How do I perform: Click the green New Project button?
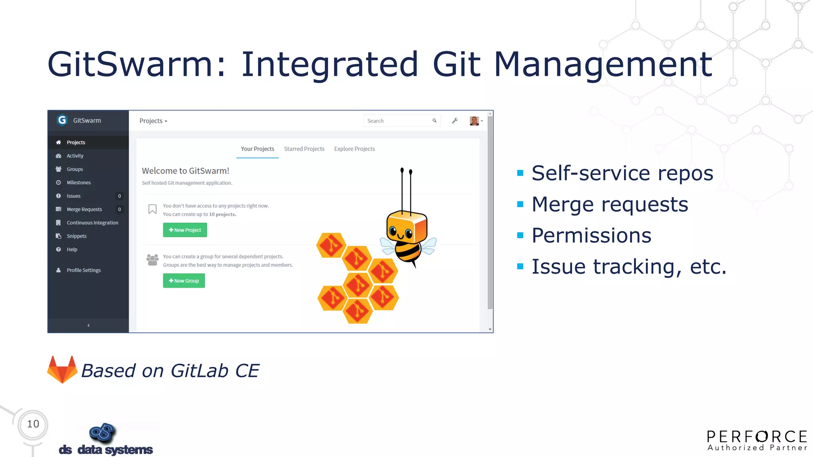coord(185,230)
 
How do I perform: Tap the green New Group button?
coord(184,281)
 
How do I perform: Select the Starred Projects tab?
coord(304,149)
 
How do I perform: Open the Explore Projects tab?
coord(354,149)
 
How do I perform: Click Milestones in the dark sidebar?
coord(79,182)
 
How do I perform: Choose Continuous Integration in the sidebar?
coord(92,223)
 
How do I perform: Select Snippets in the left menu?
coord(76,236)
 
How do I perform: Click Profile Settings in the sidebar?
coord(83,270)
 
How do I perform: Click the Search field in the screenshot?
coord(397,121)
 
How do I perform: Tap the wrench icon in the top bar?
coord(455,121)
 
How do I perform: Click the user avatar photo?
coord(474,121)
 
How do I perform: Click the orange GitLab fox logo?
coord(62,370)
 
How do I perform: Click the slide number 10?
coord(33,424)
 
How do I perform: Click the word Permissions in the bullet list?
coord(591,235)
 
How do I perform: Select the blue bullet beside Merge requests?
coord(520,204)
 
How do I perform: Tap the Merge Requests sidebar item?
coord(84,209)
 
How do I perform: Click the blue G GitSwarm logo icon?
coord(62,120)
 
